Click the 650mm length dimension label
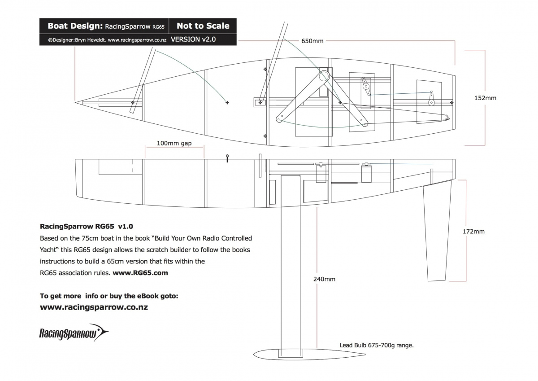click(312, 41)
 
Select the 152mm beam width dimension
click(485, 97)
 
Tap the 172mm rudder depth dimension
click(473, 232)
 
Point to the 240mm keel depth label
click(324, 279)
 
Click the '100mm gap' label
click(174, 144)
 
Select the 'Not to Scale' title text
click(203, 26)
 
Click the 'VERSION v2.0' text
click(193, 39)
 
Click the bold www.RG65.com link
click(140, 272)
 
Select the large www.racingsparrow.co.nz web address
click(94, 307)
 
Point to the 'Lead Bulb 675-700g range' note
click(376, 345)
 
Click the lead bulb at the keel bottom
click(309, 354)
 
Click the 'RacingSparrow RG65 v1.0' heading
click(87, 226)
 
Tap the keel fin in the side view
click(290, 269)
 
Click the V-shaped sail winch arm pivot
click(324, 77)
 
